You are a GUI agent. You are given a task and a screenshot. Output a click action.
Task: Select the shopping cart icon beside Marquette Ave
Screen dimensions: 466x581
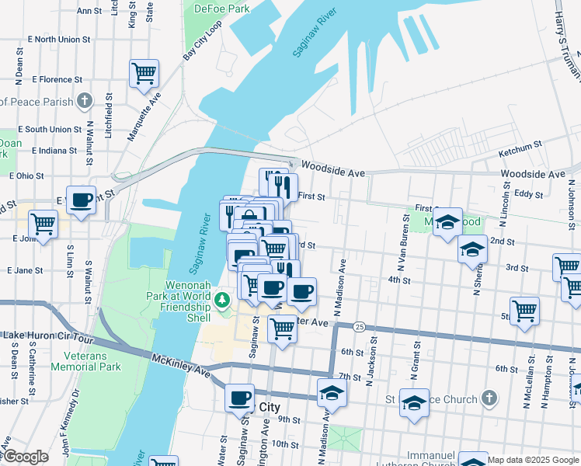[144, 75]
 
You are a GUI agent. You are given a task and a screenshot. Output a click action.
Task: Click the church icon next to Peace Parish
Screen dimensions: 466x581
[85, 101]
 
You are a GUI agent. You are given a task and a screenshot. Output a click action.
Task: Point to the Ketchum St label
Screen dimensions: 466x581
[520, 147]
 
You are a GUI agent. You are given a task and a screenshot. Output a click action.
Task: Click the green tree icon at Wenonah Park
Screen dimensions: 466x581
[223, 299]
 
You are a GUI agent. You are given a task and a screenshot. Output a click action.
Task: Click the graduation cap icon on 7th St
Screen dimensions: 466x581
[332, 393]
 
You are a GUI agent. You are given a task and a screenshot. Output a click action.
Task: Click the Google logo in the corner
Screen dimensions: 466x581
[25, 457]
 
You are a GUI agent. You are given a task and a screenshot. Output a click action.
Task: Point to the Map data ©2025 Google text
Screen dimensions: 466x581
[532, 460]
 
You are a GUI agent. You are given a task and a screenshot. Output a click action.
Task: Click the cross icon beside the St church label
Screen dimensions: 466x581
[488, 399]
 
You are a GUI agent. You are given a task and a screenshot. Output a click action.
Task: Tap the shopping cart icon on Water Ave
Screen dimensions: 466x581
[282, 329]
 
